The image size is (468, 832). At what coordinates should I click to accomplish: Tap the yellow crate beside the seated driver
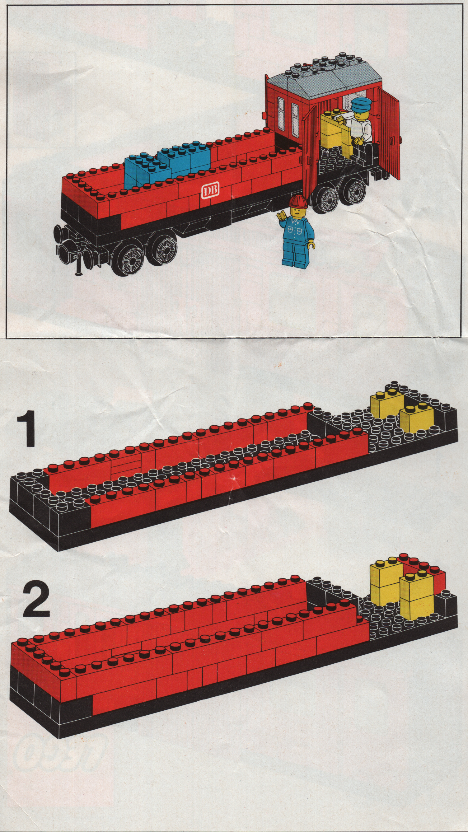334,133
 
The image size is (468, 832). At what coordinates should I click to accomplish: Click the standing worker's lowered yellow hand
312,245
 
